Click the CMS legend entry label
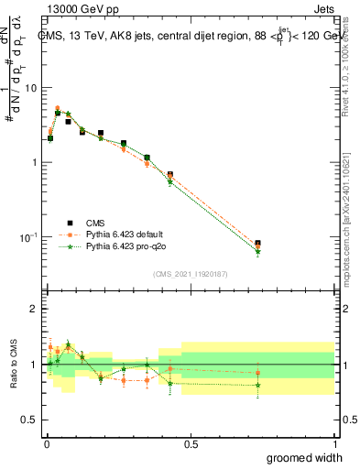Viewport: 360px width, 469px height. (x=95, y=222)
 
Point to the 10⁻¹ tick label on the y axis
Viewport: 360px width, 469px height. (x=28, y=237)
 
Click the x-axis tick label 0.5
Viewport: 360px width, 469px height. (x=191, y=444)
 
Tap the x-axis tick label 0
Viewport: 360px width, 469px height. (x=46, y=444)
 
